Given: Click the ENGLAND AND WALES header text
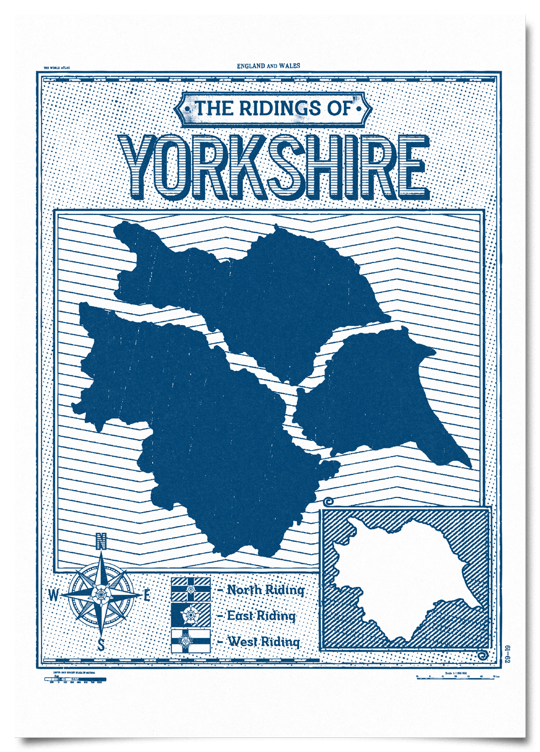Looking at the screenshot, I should [268, 66].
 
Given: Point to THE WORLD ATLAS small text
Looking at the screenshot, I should [57, 68].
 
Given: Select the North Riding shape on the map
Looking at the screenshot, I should [259, 292].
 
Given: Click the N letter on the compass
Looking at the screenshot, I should [101, 541].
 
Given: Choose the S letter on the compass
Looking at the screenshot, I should [101, 645].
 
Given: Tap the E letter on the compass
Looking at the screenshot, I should [147, 595].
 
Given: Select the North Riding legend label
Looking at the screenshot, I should [265, 590].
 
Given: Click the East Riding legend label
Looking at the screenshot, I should [261, 616].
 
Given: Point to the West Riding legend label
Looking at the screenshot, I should [263, 641].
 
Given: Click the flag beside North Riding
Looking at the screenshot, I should [191, 589].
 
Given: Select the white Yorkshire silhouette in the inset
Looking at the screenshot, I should [400, 578].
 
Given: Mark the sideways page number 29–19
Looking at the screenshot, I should [508, 654].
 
